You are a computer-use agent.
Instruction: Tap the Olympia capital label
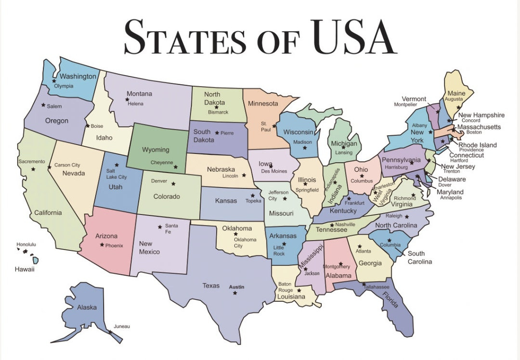click(64, 86)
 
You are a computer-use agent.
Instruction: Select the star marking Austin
click(235, 293)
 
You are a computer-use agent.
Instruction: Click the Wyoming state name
click(156, 150)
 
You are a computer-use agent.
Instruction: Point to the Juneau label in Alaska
click(121, 326)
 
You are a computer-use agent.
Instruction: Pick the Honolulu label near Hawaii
click(26, 244)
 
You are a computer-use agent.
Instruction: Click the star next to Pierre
click(217, 133)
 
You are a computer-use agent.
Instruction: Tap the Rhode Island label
click(477, 145)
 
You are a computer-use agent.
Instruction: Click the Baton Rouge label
click(285, 287)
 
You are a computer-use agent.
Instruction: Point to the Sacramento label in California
click(32, 162)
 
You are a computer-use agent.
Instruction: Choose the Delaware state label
click(452, 179)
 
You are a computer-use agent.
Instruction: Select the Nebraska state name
click(221, 169)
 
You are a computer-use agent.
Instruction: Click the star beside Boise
click(87, 126)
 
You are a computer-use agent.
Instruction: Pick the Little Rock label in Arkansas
click(279, 250)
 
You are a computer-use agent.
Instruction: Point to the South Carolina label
click(416, 257)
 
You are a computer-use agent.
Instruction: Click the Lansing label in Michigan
click(344, 153)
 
